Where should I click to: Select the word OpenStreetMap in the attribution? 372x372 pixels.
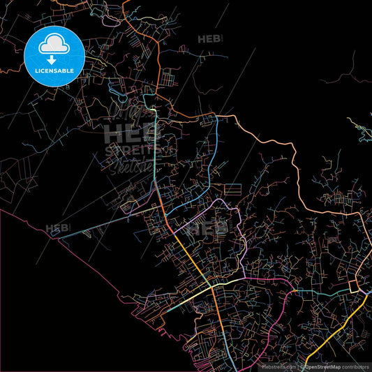click(x=325, y=366)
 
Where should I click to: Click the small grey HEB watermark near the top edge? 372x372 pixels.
click(x=209, y=40)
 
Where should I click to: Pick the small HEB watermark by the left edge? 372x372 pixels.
click(x=58, y=228)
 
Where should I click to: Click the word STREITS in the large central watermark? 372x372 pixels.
click(x=133, y=149)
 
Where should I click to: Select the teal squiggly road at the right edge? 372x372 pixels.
click(x=359, y=129)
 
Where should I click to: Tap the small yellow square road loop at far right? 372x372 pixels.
click(x=362, y=283)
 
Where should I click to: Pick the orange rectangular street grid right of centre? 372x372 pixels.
click(x=232, y=189)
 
